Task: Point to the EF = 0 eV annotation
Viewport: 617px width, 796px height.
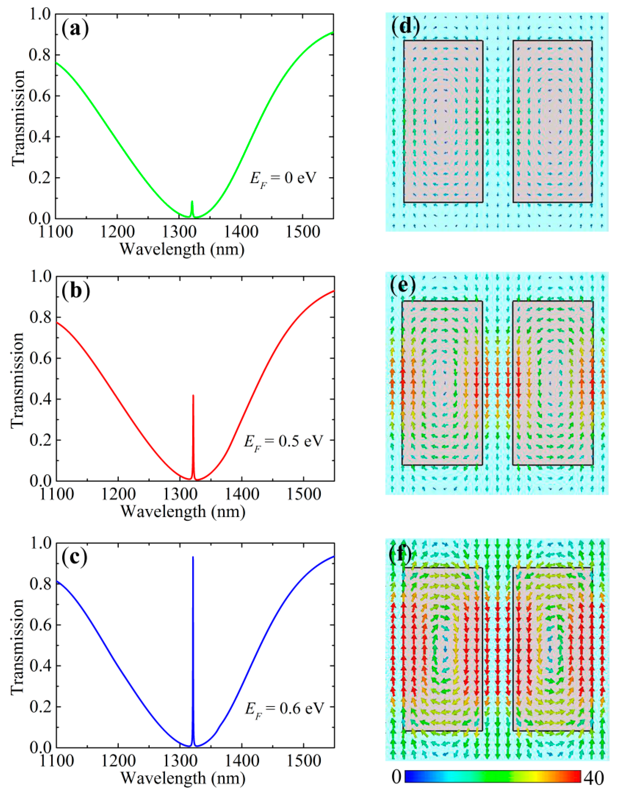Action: (x=283, y=179)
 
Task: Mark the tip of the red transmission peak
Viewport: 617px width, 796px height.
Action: (x=193, y=395)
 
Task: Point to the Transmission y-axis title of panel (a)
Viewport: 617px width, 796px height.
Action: (x=18, y=117)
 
